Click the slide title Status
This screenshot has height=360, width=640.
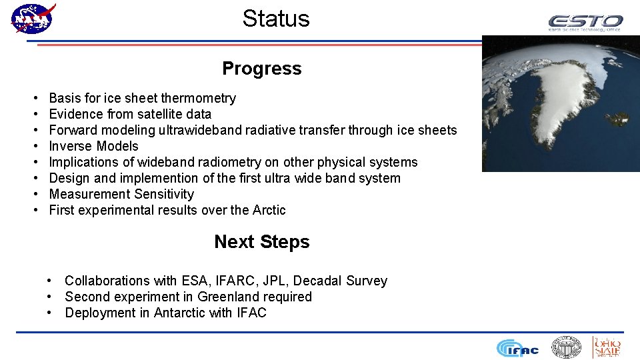[x=275, y=19]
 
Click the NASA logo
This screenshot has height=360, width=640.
[x=33, y=18]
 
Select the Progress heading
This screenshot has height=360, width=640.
[x=261, y=69]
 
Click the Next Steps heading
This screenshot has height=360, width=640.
[x=261, y=242]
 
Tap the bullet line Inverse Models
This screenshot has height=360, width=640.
[x=93, y=147]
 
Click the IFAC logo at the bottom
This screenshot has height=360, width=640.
[x=517, y=348]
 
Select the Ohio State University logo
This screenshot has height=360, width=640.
[x=607, y=347]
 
